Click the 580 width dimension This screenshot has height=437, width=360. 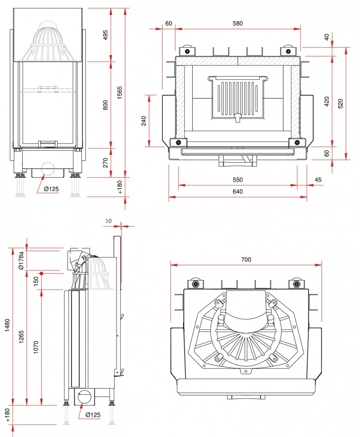(237, 24)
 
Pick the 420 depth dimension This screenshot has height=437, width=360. (327, 102)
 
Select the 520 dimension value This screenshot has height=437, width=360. (341, 103)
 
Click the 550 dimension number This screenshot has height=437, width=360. (237, 180)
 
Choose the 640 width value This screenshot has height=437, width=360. (237, 192)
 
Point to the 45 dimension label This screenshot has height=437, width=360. (318, 180)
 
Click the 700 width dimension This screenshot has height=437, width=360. (246, 260)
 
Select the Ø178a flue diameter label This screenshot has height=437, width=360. (21, 260)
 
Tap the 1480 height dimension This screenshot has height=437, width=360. (7, 326)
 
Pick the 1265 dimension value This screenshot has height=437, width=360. (21, 339)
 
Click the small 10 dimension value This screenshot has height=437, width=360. (108, 221)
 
